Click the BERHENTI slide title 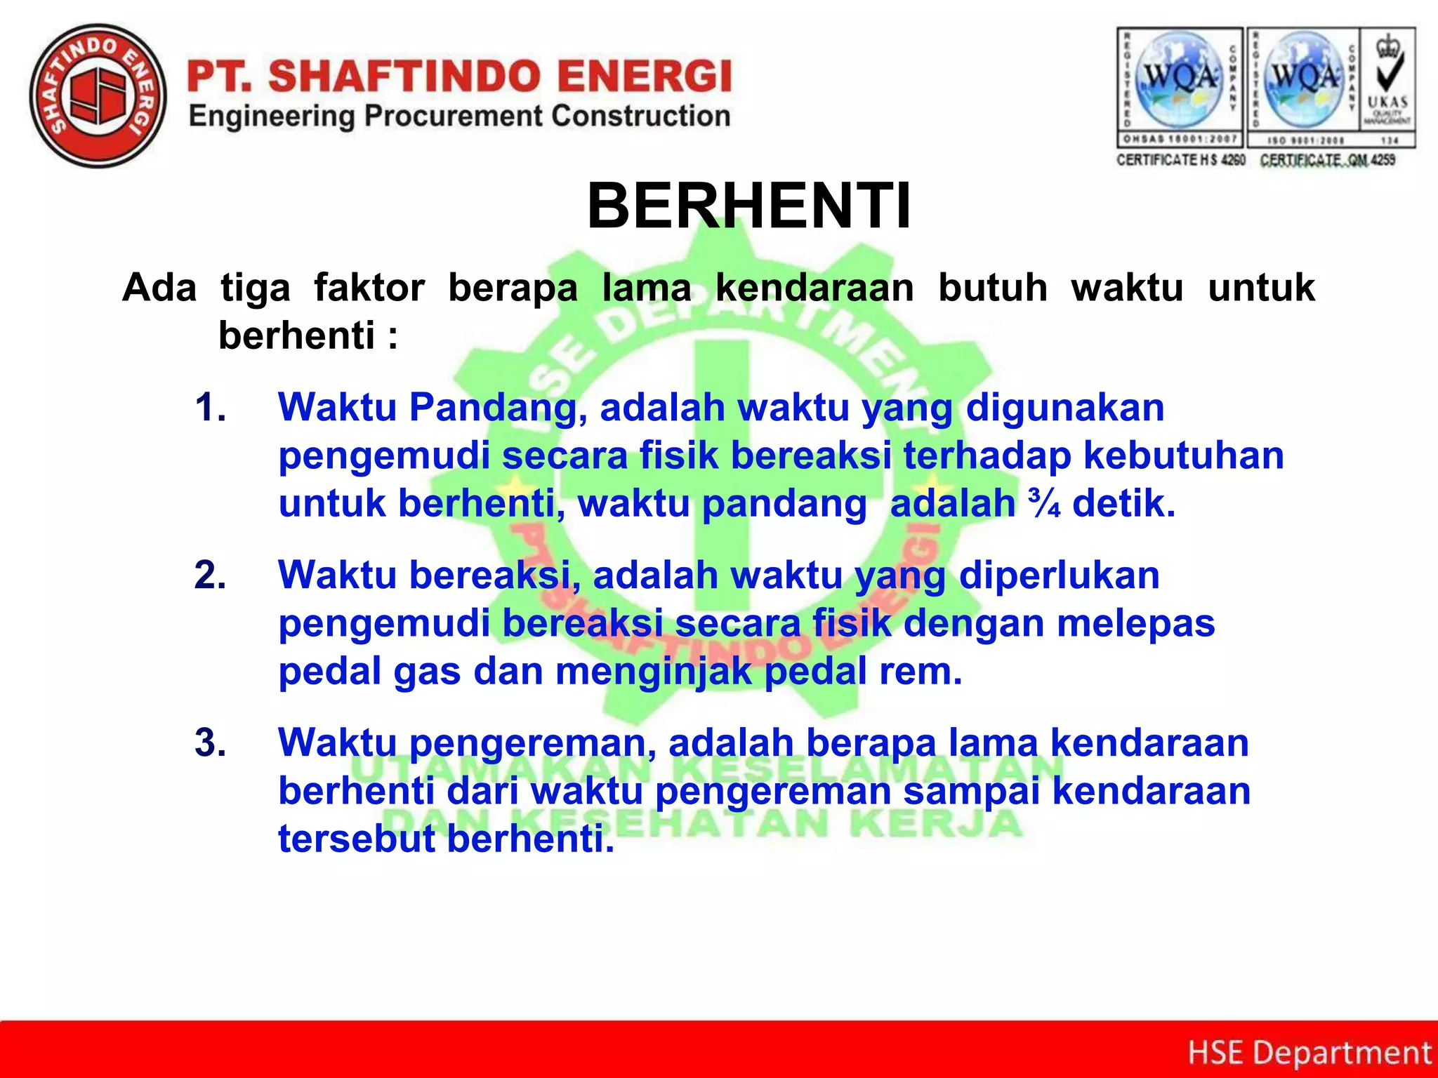[x=749, y=206]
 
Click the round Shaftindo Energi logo [x=98, y=96]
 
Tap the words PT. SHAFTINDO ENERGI [x=460, y=76]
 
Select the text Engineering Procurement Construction [x=460, y=117]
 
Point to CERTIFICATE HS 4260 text [x=1180, y=160]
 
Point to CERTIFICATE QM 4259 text [x=1328, y=160]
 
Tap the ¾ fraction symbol [x=1044, y=503]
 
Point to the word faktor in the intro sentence [x=369, y=288]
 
